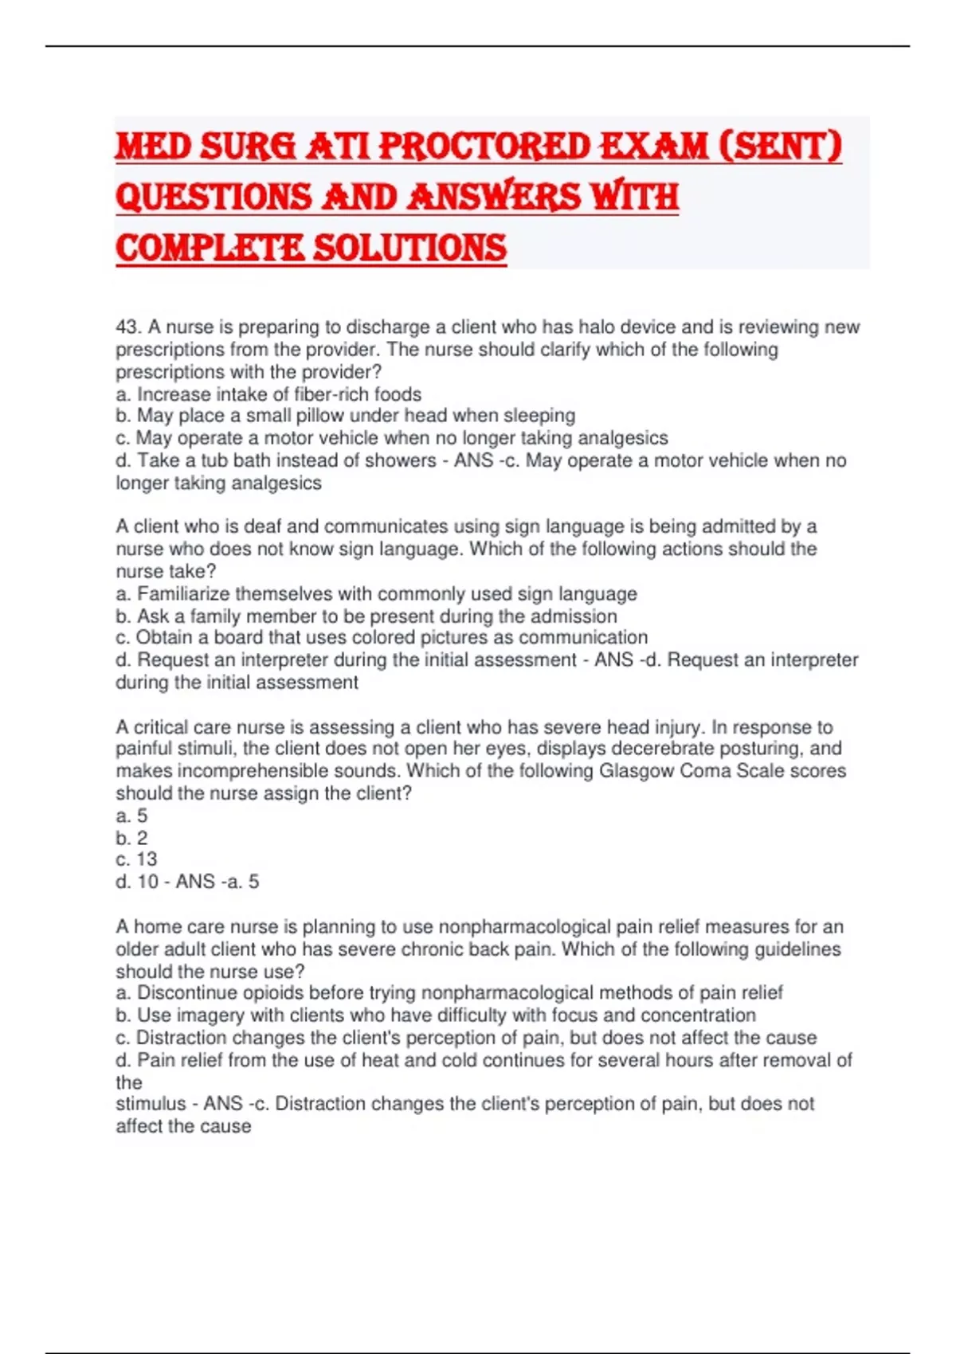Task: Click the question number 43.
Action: click(x=128, y=327)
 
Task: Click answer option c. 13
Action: click(x=136, y=859)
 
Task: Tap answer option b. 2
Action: click(x=131, y=838)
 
